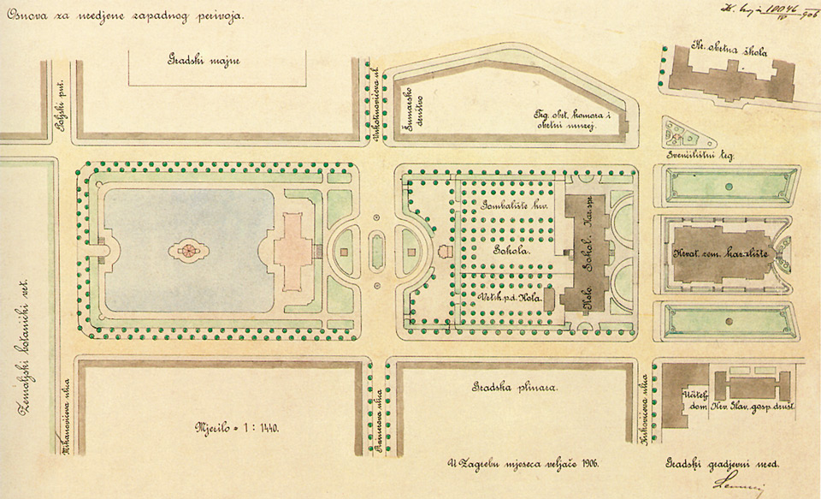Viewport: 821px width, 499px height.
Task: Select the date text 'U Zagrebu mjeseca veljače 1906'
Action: point(522,462)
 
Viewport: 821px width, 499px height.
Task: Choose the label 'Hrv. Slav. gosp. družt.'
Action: point(756,405)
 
